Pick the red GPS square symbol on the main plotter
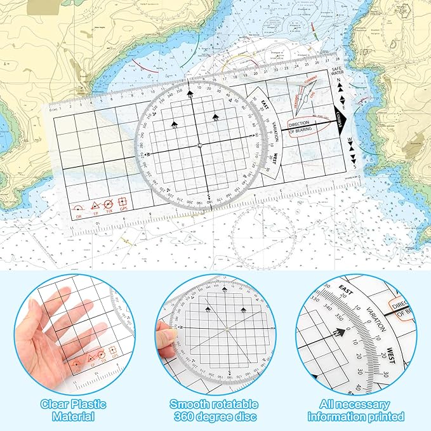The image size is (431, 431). pyautogui.click(x=123, y=203)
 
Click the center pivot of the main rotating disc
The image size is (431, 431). pyautogui.click(x=199, y=146)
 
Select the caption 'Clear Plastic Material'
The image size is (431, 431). pyautogui.click(x=74, y=410)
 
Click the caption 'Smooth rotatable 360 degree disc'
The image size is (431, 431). pyautogui.click(x=213, y=410)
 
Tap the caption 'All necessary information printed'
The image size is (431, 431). pyautogui.click(x=356, y=410)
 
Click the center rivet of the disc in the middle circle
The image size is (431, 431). pyautogui.click(x=226, y=329)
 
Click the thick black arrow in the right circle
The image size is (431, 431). pyautogui.click(x=340, y=331)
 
